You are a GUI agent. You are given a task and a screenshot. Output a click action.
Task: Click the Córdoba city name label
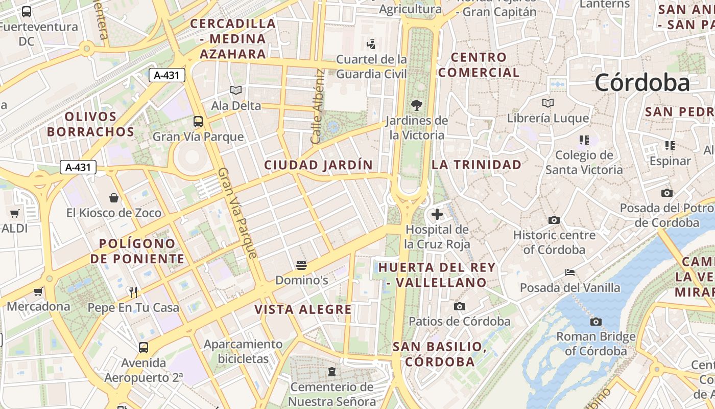pos(642,82)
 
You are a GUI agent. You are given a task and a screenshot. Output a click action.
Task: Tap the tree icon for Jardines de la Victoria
pos(417,105)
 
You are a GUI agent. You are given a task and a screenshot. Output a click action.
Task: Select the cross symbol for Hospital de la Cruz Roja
pos(437,214)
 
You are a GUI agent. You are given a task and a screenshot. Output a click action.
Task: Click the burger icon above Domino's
pos(301,265)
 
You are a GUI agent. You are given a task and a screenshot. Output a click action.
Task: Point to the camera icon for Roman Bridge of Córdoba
pos(595,322)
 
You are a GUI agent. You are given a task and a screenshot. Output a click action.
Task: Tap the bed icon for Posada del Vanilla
pos(570,272)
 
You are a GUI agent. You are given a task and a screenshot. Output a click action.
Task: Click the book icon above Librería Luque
pos(548,103)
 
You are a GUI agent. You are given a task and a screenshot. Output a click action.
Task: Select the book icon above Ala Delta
pos(235,90)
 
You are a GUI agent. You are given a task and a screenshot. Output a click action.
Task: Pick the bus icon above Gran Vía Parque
pos(198,122)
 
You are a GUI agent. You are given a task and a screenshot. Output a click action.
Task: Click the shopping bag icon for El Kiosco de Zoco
pos(114,197)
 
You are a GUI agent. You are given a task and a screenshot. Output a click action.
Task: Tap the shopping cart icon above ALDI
pos(14,213)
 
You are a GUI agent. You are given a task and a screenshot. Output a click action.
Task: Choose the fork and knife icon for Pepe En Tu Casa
pos(133,292)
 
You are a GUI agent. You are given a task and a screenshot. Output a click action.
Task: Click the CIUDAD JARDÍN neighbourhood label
pos(318,165)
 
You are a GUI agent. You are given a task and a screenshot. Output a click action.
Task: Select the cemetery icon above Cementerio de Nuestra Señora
pos(332,372)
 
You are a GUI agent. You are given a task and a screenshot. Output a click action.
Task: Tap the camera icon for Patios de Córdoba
pos(460,306)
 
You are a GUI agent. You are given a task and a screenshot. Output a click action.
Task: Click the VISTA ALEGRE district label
pos(303,309)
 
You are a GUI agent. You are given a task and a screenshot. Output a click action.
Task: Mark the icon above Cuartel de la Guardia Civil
pos(371,44)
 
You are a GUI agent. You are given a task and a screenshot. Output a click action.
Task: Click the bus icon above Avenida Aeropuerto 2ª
pos(144,348)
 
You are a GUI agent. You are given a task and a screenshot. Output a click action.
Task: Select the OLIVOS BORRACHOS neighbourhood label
pos(91,124)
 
